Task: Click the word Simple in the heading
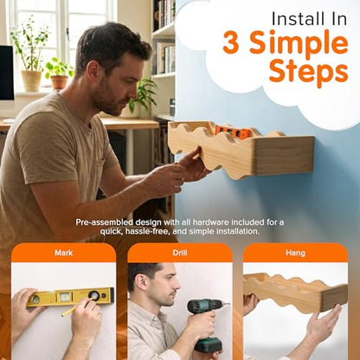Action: tap(299, 44)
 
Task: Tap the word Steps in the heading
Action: tap(308, 72)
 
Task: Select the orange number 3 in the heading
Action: tap(231, 42)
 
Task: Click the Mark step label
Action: tap(64, 253)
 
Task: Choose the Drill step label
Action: tap(180, 253)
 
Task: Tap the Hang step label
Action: tap(295, 253)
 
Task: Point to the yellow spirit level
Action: tap(70, 297)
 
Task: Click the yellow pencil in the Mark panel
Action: tap(75, 308)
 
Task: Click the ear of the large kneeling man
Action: tap(93, 72)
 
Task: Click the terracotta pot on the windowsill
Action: tap(59, 82)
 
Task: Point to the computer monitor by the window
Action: tap(7, 74)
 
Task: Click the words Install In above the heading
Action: tap(309, 19)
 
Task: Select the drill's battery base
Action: tap(208, 344)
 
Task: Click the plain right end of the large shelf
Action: tap(284, 155)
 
